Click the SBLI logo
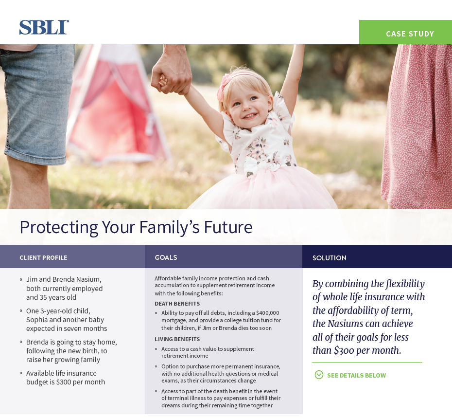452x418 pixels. (x=44, y=27)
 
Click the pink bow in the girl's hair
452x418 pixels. (x=225, y=85)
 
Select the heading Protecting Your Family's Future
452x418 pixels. (x=136, y=227)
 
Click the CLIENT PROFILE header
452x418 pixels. (x=43, y=257)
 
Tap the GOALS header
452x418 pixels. (x=166, y=257)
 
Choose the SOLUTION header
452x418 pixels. (x=329, y=258)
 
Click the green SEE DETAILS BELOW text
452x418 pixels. (x=356, y=375)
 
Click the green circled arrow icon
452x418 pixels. (x=319, y=375)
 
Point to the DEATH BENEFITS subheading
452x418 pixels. (x=177, y=304)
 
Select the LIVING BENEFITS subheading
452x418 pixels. (x=177, y=339)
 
